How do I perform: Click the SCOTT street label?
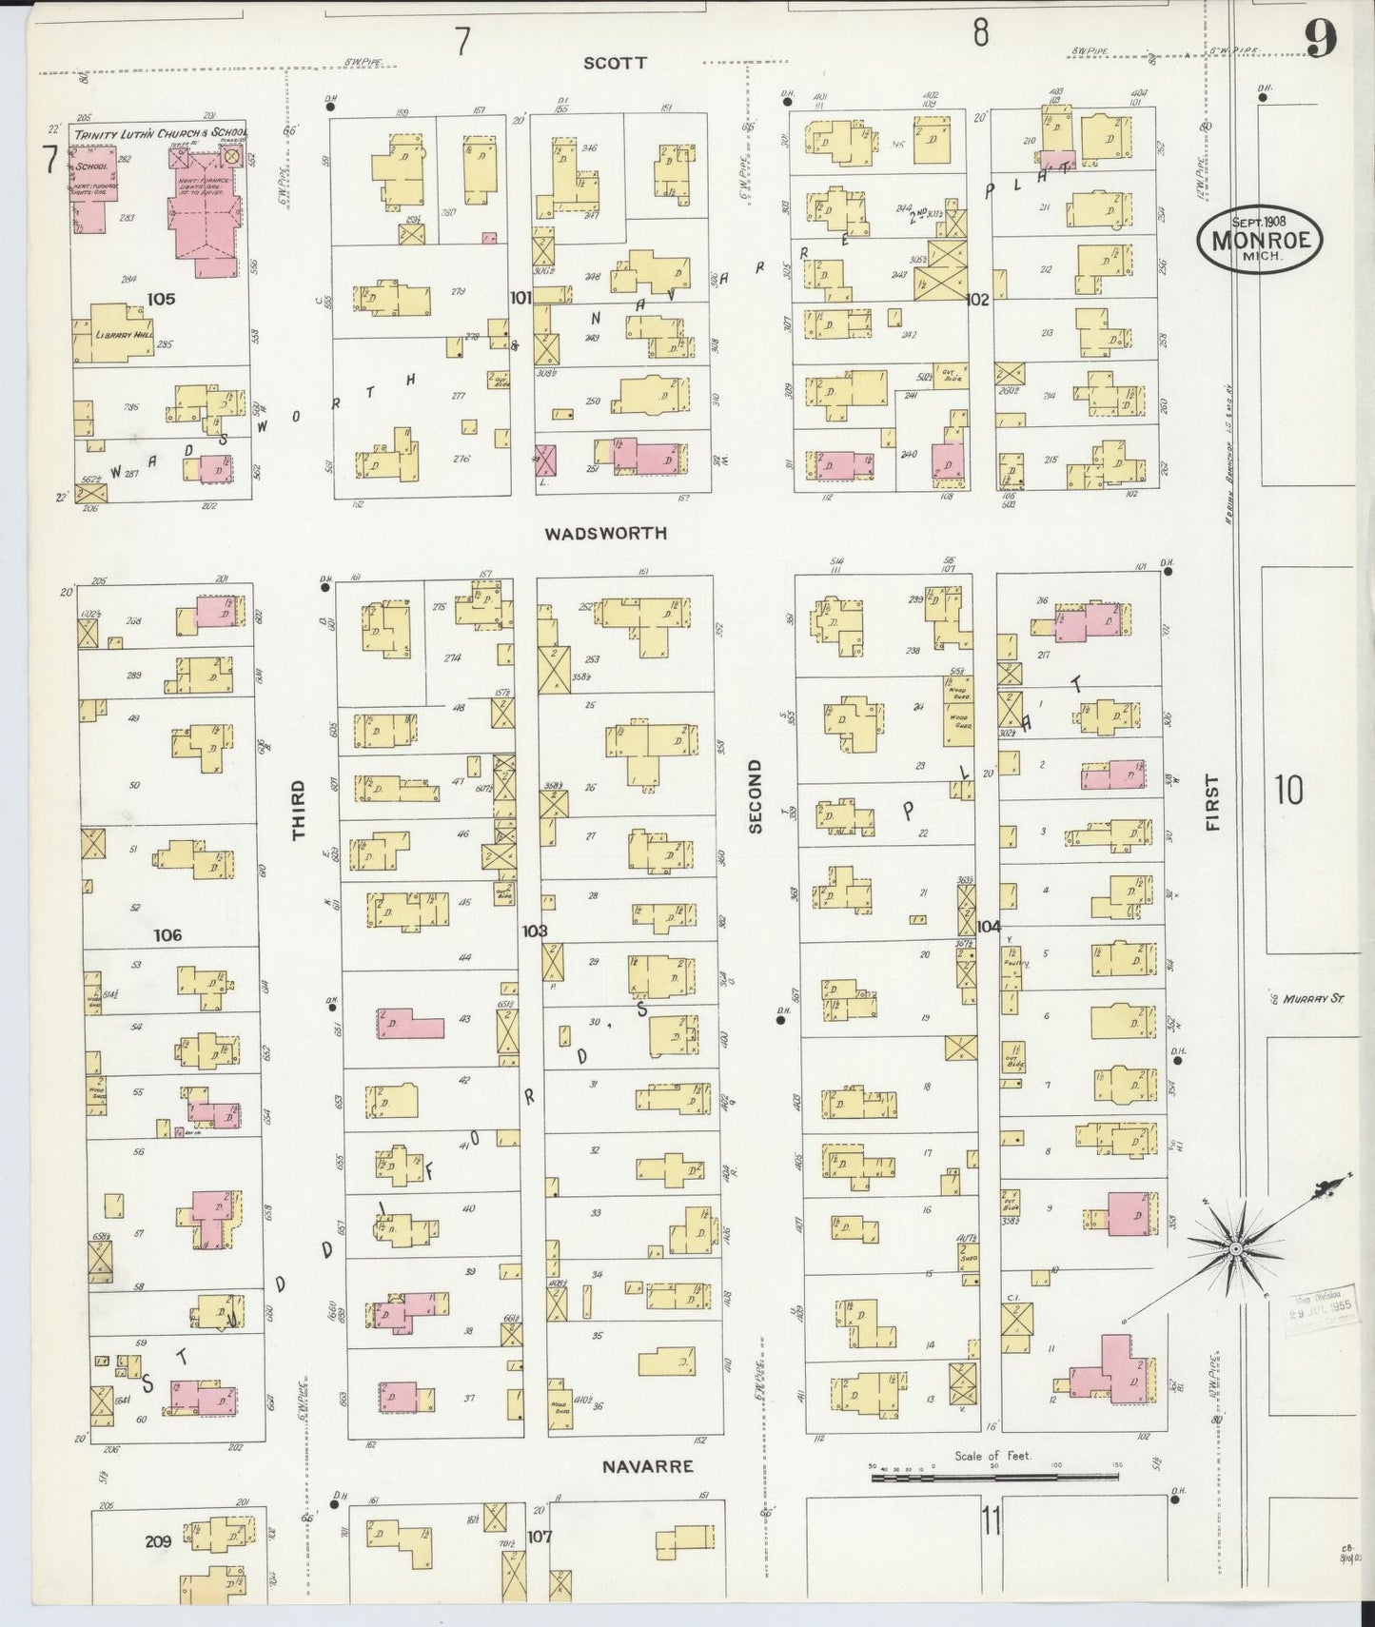pyautogui.click(x=615, y=63)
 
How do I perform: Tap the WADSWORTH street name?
pyautogui.click(x=605, y=534)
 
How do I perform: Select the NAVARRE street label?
pyautogui.click(x=647, y=1467)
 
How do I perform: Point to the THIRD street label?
pyautogui.click(x=299, y=810)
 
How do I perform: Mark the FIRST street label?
pyautogui.click(x=1211, y=803)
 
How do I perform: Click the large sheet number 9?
pyautogui.click(x=1320, y=38)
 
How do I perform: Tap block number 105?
pyautogui.click(x=161, y=299)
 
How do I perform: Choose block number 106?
pyautogui.click(x=167, y=935)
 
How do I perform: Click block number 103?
pyautogui.click(x=534, y=931)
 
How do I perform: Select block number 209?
pyautogui.click(x=158, y=1541)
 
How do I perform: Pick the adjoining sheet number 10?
pyautogui.click(x=1288, y=790)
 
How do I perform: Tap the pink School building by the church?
pyautogui.click(x=93, y=181)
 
